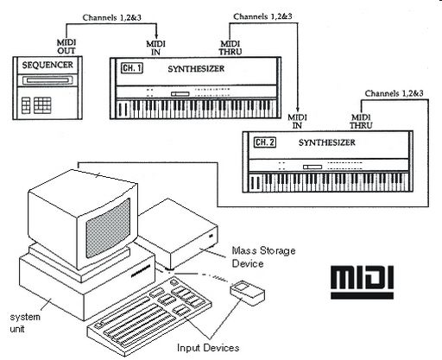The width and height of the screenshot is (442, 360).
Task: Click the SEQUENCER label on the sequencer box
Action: point(47,65)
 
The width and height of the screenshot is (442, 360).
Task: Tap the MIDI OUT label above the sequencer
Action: point(66,47)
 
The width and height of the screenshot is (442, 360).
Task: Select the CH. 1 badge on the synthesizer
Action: point(132,68)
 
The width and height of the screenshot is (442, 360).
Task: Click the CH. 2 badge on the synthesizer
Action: point(265,142)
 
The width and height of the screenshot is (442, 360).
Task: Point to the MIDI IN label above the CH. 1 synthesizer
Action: point(155,47)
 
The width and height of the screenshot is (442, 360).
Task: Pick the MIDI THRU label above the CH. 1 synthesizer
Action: point(230,47)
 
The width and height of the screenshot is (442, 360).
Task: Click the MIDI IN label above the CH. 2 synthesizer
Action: point(297,122)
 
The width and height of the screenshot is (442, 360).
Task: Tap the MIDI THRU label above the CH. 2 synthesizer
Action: point(361,122)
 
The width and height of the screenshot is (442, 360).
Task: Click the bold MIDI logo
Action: point(362,282)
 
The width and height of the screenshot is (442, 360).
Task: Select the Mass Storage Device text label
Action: point(263,257)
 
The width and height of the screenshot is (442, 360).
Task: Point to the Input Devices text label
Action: point(208,348)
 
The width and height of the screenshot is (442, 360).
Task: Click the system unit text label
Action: point(25,323)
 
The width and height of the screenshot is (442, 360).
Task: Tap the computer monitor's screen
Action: point(108,227)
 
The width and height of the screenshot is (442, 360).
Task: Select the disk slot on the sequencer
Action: point(47,80)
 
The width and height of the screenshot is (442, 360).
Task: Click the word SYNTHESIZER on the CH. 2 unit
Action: point(326,142)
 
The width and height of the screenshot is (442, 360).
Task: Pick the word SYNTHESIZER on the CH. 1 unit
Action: point(196,69)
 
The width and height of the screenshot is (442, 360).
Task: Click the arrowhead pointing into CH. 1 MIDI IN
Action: point(156,35)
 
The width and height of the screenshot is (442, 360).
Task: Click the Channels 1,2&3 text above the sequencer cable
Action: point(112,17)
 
